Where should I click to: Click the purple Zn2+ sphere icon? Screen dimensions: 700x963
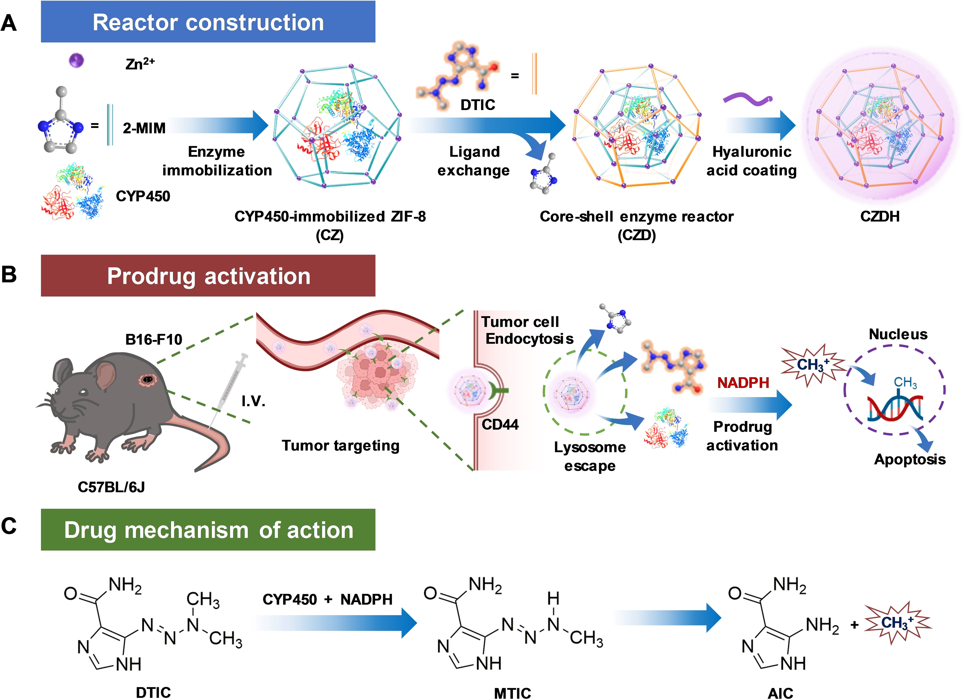click(76, 60)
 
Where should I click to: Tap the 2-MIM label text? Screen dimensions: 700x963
click(144, 128)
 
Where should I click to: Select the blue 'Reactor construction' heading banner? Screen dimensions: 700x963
click(208, 22)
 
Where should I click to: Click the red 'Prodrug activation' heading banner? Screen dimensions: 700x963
click(208, 276)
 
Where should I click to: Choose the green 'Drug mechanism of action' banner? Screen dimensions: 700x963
click(208, 530)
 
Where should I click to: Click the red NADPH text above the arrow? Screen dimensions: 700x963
click(743, 383)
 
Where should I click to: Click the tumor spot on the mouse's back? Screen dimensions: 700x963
click(147, 379)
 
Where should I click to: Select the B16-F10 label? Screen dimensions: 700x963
click(154, 339)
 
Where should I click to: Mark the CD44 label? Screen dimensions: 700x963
click(500, 424)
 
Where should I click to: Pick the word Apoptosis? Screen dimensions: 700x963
click(910, 459)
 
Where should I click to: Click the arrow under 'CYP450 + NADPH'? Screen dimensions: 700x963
click(336, 623)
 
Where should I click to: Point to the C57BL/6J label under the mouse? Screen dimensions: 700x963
click(111, 487)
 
